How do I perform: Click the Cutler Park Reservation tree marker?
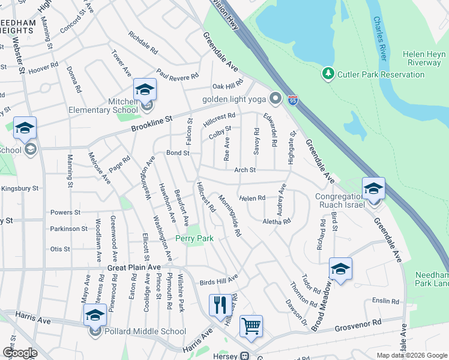(x=328, y=74)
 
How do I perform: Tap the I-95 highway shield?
(x=293, y=100)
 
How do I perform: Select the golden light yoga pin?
(x=276, y=97)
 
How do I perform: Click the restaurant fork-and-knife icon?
(x=220, y=305)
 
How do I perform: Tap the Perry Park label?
(x=194, y=238)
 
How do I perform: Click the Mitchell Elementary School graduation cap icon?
(x=145, y=90)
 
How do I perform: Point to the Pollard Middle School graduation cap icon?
(x=95, y=315)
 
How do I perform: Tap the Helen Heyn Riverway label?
(x=425, y=58)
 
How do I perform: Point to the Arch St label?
(x=245, y=170)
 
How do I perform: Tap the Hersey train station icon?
(x=245, y=356)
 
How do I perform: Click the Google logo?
(x=20, y=353)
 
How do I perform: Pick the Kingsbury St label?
(x=19, y=188)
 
